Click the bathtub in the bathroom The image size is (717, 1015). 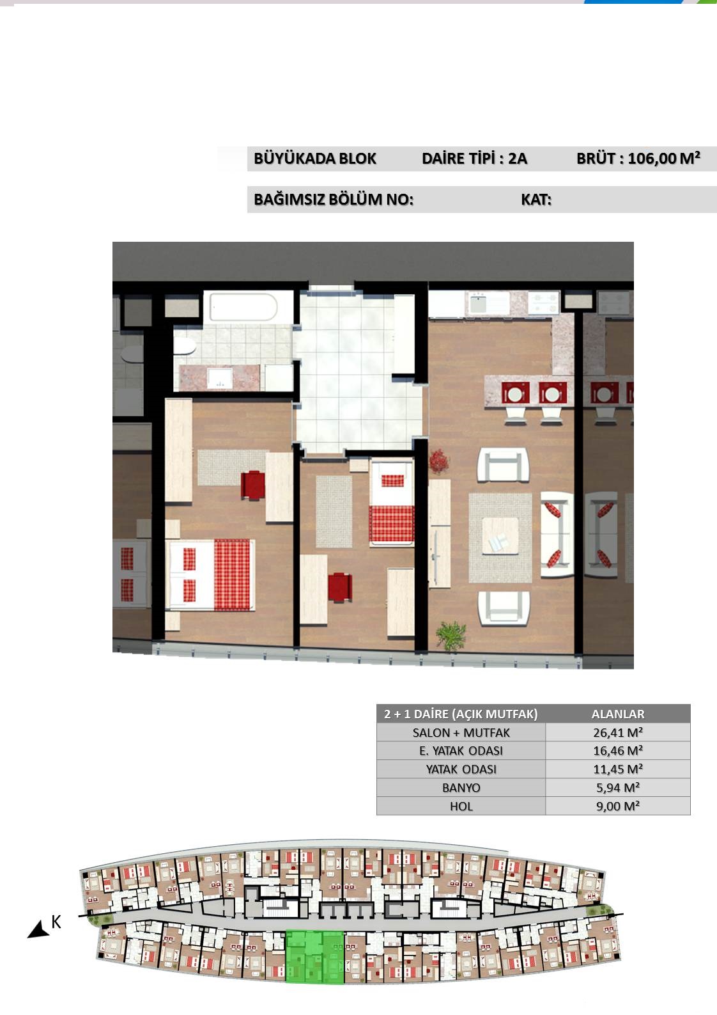tap(243, 307)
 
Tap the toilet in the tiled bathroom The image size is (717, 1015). tap(185, 347)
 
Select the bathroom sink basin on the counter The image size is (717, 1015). tap(220, 378)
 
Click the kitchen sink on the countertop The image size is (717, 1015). tap(481, 303)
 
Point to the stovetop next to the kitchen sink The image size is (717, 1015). tap(543, 303)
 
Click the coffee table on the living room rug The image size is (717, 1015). tap(500, 535)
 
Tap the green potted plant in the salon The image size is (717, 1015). tap(451, 635)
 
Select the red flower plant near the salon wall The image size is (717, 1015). tap(438, 461)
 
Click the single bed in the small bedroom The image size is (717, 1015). tap(392, 503)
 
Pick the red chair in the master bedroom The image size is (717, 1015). tap(252, 485)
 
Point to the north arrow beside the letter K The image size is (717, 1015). tap(38, 929)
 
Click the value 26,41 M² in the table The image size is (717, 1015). tap(618, 732)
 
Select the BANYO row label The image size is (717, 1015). tap(461, 787)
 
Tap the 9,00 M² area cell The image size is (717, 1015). tap(618, 806)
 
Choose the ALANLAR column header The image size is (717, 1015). tap(618, 714)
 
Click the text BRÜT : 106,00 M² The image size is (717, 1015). tap(638, 158)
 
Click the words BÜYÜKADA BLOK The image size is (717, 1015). tap(315, 159)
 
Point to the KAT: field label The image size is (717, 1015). tap(536, 200)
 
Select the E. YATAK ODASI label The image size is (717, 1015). tap(461, 751)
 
